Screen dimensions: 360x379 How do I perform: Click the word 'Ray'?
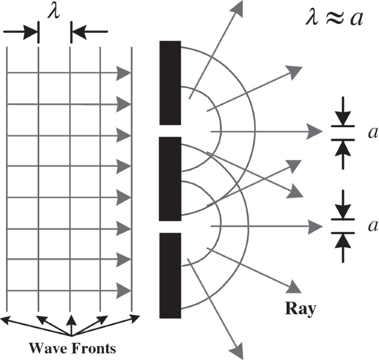(300, 309)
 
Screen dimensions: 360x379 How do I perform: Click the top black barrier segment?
(170, 83)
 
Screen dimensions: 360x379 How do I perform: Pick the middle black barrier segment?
(170, 179)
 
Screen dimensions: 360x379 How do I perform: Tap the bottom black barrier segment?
(170, 275)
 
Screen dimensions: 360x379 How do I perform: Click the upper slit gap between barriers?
(170, 131)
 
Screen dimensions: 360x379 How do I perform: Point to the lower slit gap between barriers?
(170, 227)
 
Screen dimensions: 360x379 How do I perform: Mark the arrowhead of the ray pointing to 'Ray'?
(295, 287)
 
